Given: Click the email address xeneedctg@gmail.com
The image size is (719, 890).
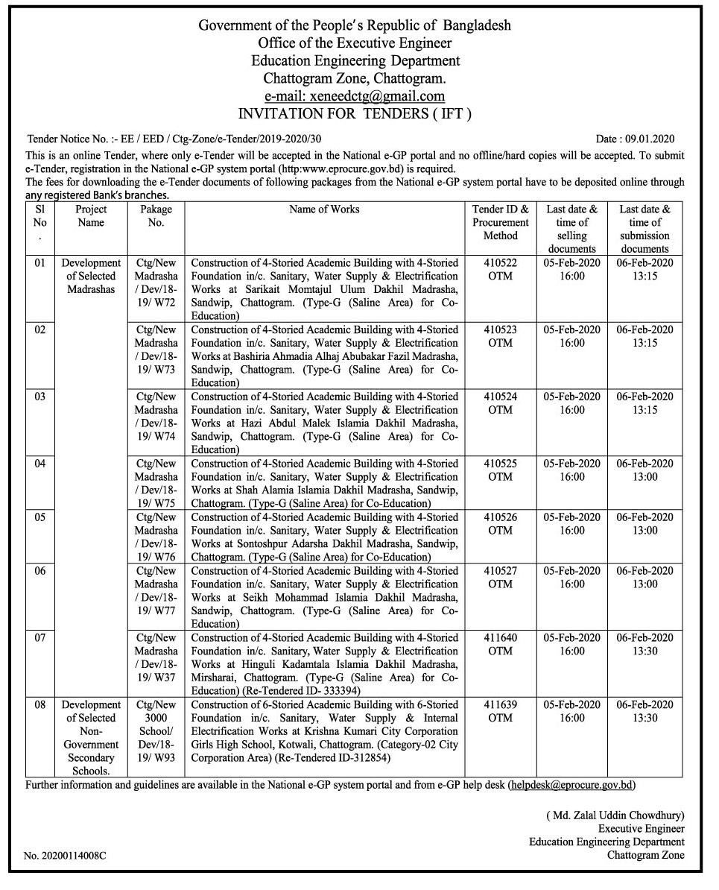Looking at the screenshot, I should coord(355,96).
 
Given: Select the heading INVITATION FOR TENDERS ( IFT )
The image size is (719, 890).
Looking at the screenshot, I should coord(355,114).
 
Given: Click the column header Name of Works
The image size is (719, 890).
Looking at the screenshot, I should coord(324,209).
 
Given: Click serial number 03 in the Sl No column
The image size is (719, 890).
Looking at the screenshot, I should coord(40,397).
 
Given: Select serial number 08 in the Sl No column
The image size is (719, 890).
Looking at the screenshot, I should coord(40,704).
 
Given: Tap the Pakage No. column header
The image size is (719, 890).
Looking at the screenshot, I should coord(156,216).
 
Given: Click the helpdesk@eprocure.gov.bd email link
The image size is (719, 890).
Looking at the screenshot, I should coord(572,785).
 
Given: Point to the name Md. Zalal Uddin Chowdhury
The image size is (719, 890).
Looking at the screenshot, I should coord(615,815).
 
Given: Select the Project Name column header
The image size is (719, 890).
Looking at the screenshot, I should coord(91,216).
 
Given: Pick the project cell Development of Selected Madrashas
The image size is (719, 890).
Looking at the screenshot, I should coord(91,276).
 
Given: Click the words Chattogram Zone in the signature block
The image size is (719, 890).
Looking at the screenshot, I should coord(645,856).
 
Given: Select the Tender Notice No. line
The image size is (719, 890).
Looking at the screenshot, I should coord(174,139).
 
